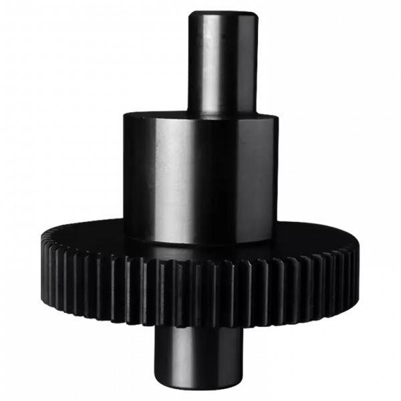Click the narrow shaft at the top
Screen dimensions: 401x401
coord(223,63)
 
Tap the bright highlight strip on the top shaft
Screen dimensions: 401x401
coord(212,63)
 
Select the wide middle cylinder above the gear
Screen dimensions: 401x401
coord(199,177)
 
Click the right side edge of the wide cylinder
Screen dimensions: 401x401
coord(274,177)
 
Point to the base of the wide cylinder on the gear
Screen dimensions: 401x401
coord(199,242)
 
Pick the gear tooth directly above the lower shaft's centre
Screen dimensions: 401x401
coord(198,294)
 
